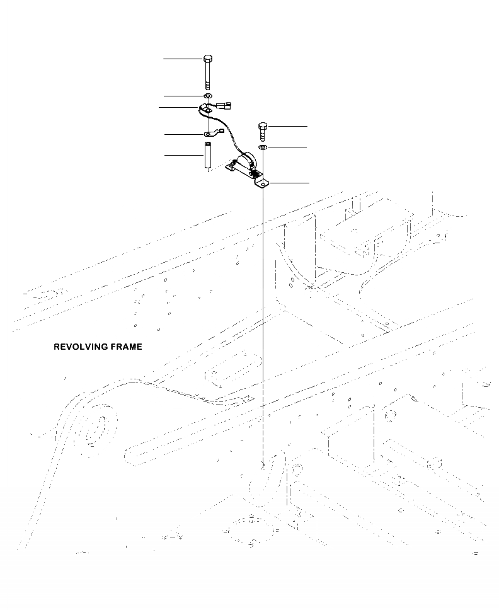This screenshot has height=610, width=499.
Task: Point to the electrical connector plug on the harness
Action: (x=226, y=105)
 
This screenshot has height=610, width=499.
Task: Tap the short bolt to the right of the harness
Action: (x=263, y=132)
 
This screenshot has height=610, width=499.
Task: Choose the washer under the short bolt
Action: (x=263, y=147)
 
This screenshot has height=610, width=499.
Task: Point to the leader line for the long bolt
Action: (x=183, y=59)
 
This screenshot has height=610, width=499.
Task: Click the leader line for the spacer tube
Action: (x=183, y=154)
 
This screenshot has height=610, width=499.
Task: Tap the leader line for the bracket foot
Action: (x=290, y=182)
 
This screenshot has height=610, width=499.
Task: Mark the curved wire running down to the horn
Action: (x=227, y=132)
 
